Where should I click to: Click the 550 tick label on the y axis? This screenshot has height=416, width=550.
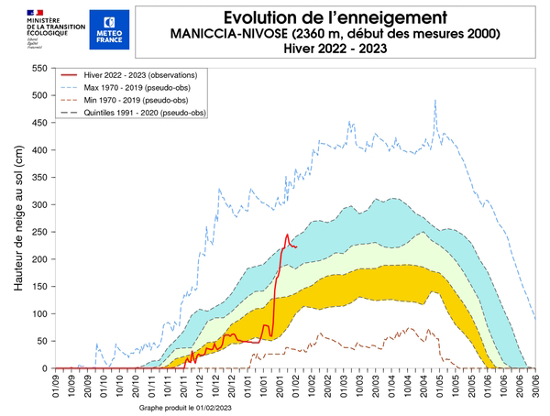pos(39,69)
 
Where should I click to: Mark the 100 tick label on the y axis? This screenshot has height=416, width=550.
pos(39,314)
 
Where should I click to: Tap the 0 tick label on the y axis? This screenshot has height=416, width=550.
pos(45,368)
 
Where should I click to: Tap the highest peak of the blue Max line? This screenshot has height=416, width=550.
pos(434,101)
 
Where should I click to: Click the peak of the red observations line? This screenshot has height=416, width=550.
pos(287,235)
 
